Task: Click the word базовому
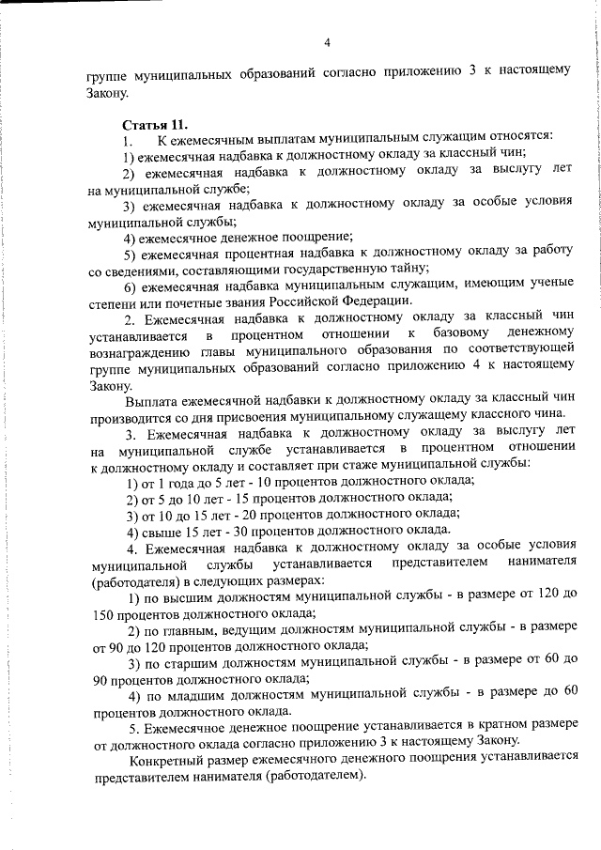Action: coord(461,335)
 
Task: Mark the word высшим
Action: coord(189,596)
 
